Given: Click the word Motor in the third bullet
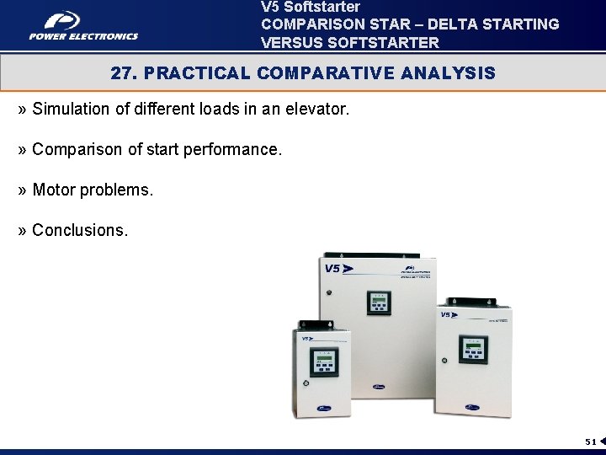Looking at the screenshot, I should [x=53, y=190].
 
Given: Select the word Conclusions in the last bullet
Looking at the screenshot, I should [x=80, y=230].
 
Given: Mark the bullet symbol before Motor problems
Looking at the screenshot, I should [x=22, y=190].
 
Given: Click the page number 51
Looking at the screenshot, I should [x=590, y=442].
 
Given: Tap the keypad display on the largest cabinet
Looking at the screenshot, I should [x=379, y=302].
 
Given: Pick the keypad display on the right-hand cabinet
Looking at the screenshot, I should [x=472, y=348].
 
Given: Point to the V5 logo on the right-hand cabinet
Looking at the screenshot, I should [x=448, y=314].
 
